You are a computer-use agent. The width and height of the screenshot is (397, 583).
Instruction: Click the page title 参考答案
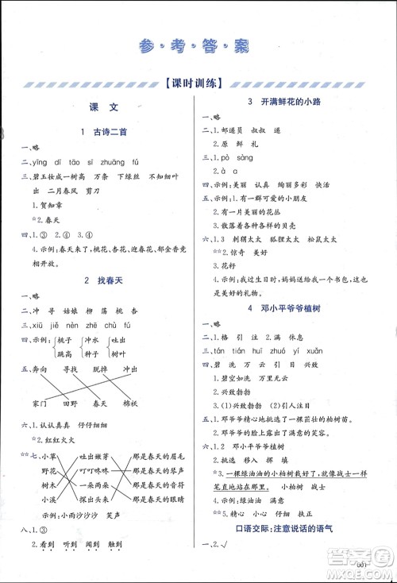[x=198, y=44]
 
